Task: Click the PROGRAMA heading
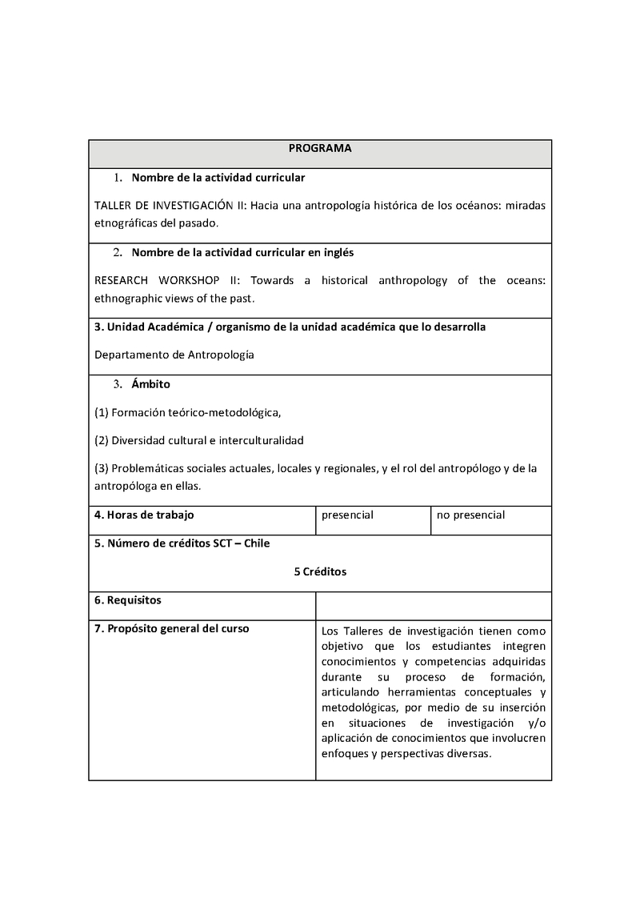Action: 320,148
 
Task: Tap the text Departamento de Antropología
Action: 174,355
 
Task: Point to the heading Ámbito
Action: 150,384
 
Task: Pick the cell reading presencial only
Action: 347,515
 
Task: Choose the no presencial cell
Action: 470,515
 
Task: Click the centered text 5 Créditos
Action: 320,572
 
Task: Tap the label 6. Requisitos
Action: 128,599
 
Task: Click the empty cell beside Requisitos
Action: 433,605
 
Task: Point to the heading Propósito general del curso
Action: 171,628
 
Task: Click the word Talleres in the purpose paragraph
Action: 358,630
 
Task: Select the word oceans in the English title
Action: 526,281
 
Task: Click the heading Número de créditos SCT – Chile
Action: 182,543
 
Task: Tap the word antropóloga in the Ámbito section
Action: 127,486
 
